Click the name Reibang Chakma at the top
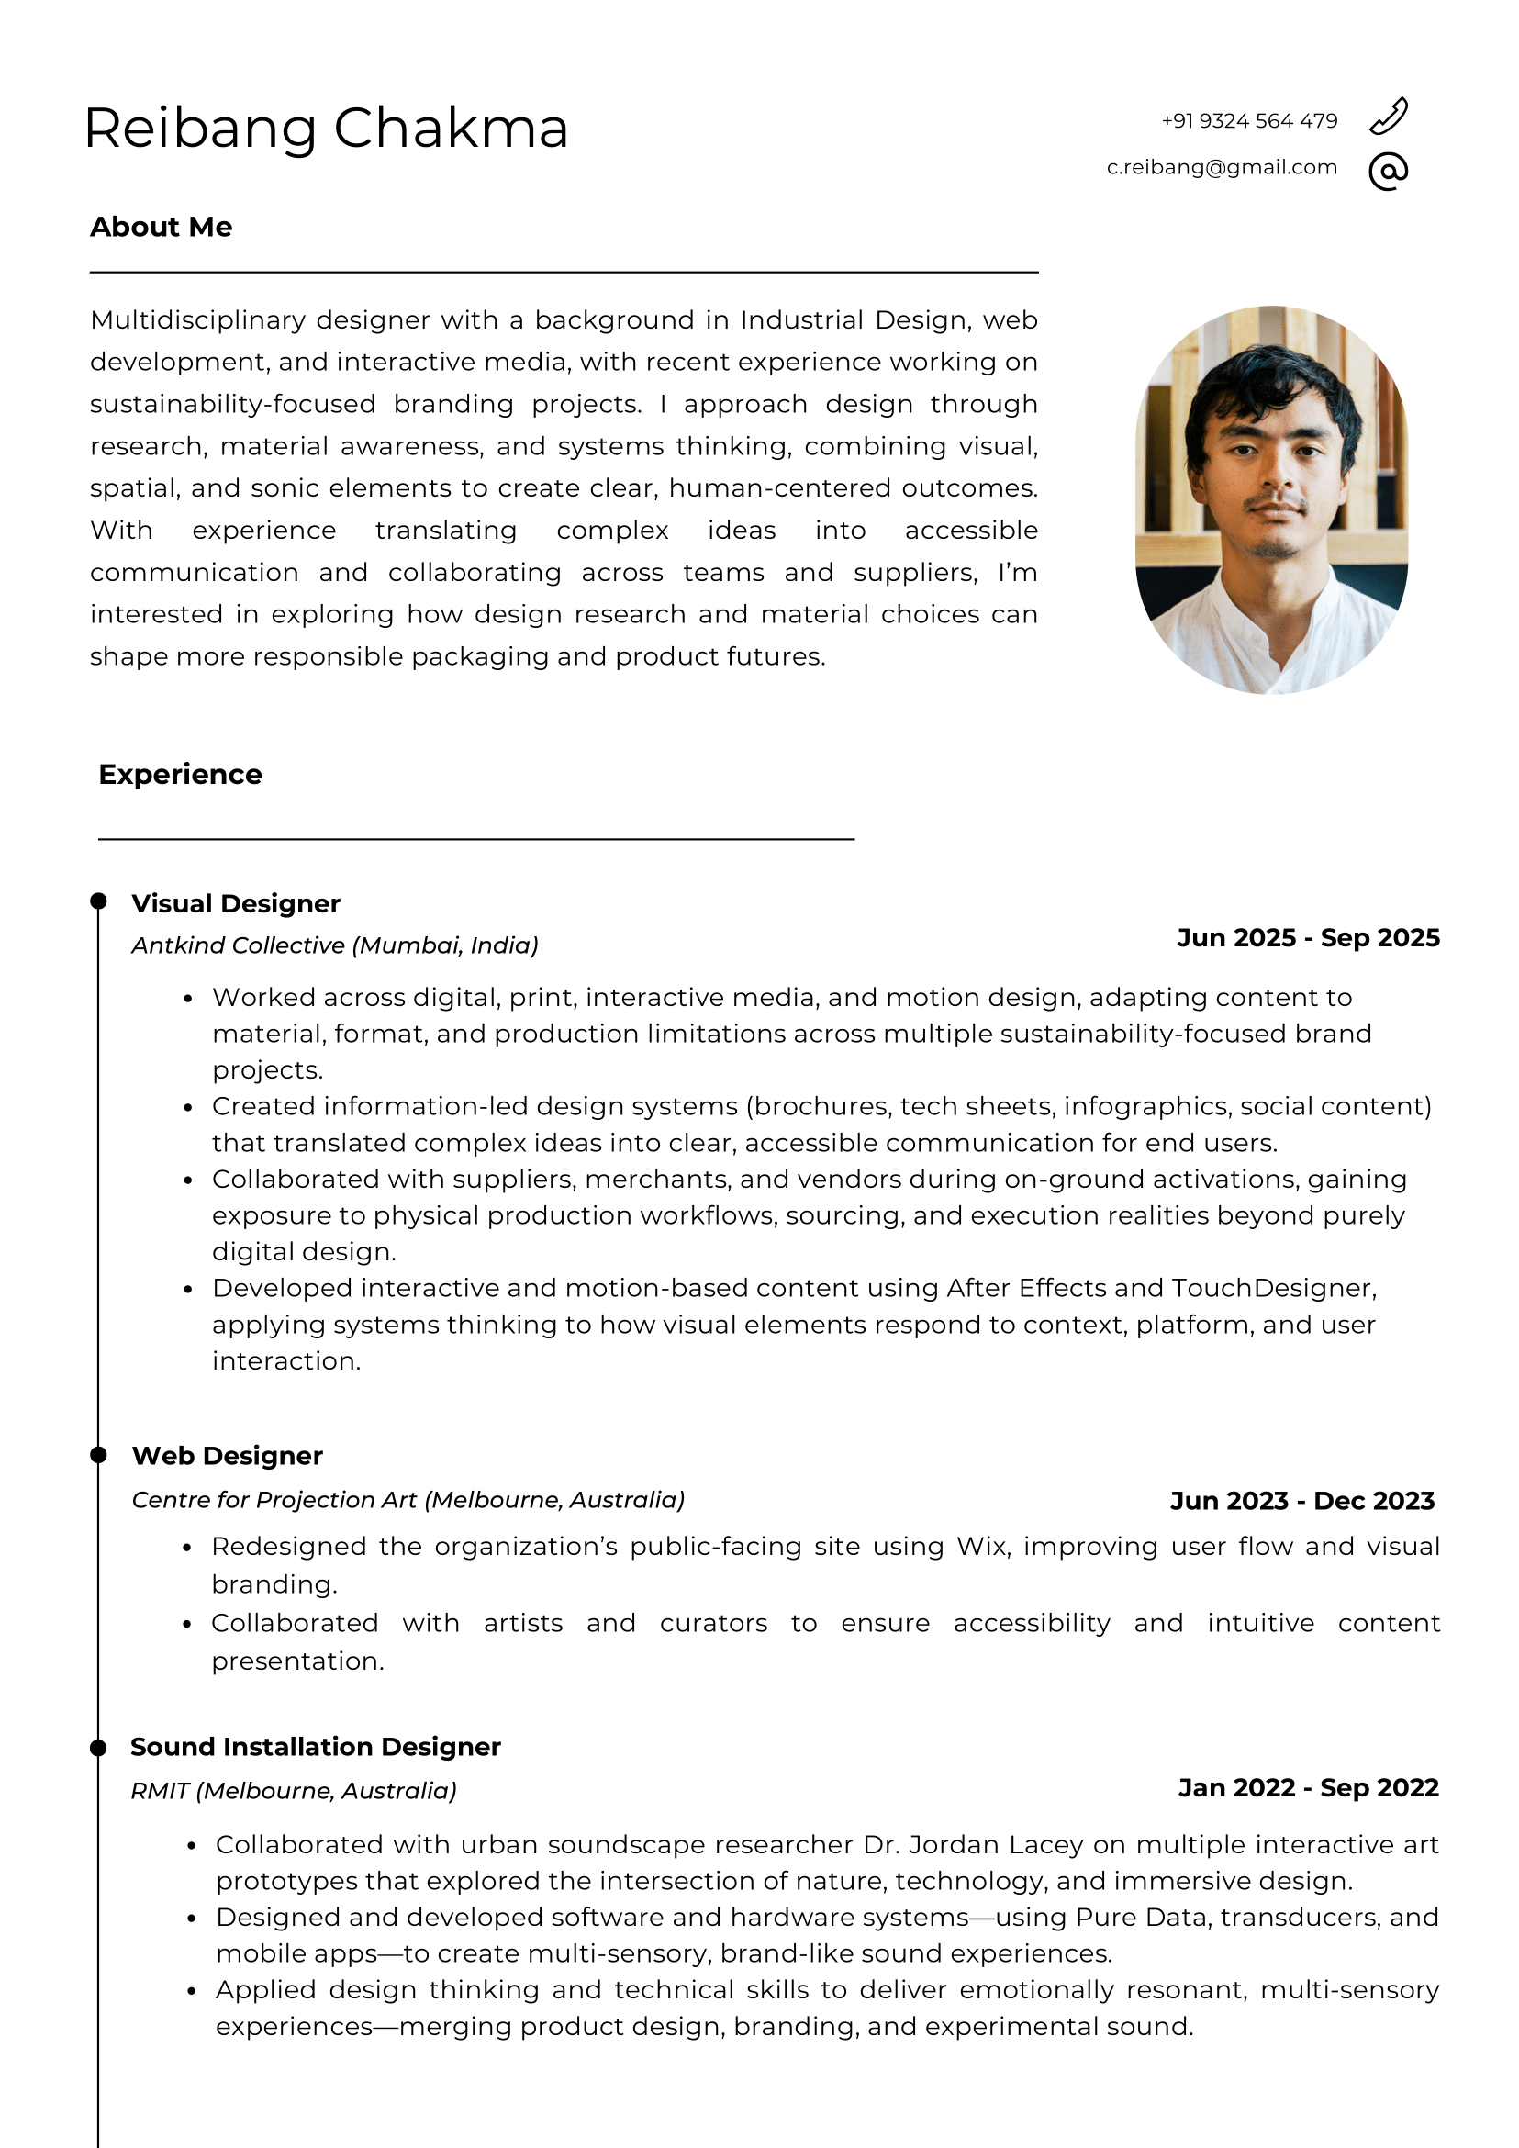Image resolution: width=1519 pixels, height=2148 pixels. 326,129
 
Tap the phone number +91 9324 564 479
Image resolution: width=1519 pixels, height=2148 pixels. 1248,120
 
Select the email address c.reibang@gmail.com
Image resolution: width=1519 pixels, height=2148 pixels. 1222,167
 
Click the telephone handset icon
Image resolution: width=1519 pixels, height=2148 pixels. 1388,117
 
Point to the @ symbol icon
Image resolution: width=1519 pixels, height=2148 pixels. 1388,172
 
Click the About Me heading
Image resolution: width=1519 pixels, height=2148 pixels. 161,228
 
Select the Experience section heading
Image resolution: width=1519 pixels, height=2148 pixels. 180,775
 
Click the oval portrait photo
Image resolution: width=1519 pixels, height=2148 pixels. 1271,499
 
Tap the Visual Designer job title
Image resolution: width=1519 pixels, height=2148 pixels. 236,904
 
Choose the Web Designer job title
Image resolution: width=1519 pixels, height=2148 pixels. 228,1456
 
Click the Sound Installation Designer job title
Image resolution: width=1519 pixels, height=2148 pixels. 315,1747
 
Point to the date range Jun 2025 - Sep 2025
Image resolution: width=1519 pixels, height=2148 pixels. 1308,938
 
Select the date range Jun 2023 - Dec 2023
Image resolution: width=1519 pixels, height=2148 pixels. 1302,1501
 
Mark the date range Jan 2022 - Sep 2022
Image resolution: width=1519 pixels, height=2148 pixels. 1308,1788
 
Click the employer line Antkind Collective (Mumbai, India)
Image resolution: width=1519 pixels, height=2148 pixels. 335,945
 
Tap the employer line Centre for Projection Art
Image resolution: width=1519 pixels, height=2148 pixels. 408,1500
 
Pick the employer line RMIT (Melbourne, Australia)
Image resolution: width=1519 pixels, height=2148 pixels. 294,1791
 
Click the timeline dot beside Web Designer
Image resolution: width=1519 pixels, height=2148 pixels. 98,1455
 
